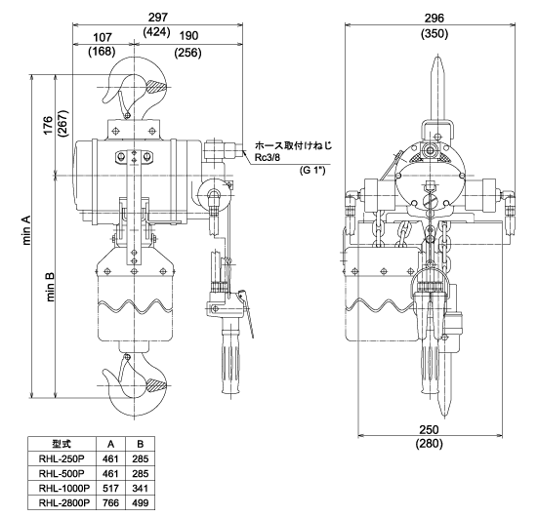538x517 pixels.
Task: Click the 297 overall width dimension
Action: coord(158,18)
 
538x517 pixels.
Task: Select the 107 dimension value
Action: coord(103,37)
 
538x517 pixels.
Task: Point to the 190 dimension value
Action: coord(188,36)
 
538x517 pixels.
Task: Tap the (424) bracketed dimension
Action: coord(156,32)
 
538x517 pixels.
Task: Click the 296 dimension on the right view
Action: coord(435,18)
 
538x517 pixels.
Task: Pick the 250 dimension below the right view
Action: coord(429,429)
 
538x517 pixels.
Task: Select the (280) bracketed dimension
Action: coord(430,444)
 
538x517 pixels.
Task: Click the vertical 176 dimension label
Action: coord(48,126)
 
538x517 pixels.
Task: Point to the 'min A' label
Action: coord(26,230)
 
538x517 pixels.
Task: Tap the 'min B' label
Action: coord(50,287)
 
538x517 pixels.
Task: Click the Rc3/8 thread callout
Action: coord(268,157)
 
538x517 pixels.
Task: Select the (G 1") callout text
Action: coord(312,170)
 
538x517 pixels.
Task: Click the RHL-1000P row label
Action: coord(64,488)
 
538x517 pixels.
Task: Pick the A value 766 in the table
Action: coord(110,502)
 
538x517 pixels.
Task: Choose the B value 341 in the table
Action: coord(141,488)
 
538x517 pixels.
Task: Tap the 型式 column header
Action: coord(62,444)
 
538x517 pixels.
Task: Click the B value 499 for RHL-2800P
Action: coord(141,502)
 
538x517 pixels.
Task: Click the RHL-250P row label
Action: coord(62,458)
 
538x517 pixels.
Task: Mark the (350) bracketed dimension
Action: coord(435,33)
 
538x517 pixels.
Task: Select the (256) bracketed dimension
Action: coord(187,53)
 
